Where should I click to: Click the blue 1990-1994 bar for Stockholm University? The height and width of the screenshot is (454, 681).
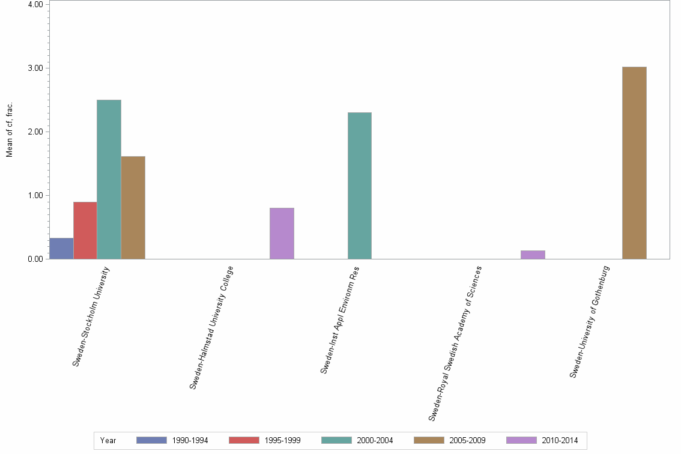[x=61, y=249]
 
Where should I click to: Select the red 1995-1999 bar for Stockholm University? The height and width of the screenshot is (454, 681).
[x=85, y=231]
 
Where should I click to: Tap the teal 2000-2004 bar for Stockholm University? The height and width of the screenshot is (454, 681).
[x=109, y=180]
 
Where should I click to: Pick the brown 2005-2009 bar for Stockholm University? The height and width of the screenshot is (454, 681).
[x=133, y=208]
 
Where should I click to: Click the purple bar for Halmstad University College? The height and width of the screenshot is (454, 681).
[x=282, y=234]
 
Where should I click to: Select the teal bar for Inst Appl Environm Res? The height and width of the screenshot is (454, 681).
[x=360, y=186]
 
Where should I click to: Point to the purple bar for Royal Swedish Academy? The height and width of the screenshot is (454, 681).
[x=533, y=255]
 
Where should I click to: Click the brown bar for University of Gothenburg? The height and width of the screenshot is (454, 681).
[x=634, y=163]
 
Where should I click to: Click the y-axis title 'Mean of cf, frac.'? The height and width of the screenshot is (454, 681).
[x=10, y=130]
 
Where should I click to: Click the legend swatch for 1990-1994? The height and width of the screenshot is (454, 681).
[x=151, y=440]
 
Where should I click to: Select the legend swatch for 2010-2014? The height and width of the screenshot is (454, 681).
[x=521, y=440]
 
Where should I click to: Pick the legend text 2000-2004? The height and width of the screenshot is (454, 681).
[x=375, y=441]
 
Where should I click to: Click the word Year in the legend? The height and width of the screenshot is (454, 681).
[x=108, y=441]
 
